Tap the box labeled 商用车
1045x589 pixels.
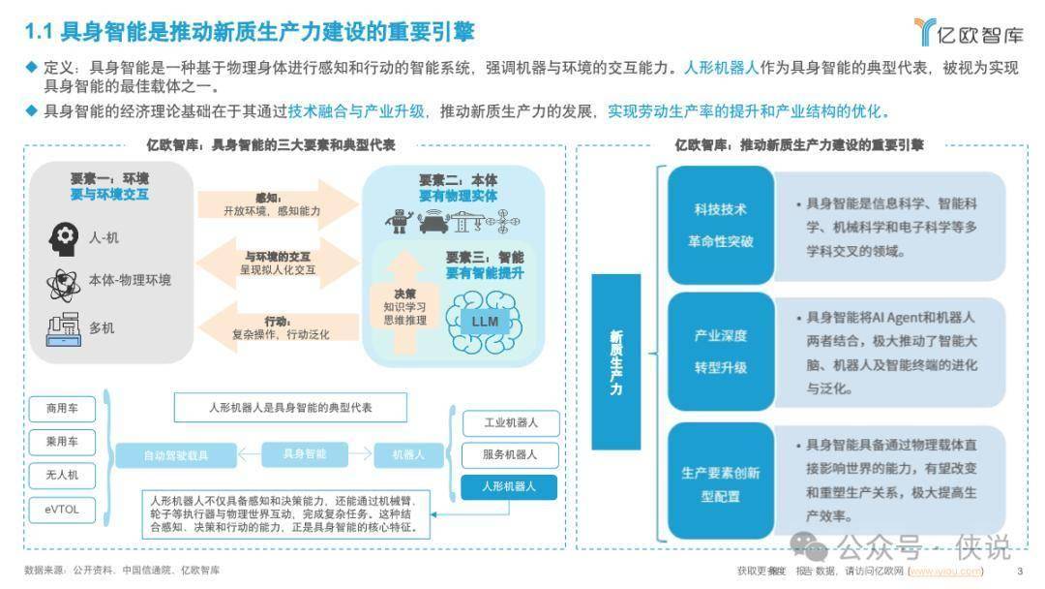[54, 408]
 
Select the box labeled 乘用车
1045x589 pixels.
[54, 442]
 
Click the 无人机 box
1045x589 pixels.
[54, 475]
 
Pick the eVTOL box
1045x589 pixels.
[54, 508]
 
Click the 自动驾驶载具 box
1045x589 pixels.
[176, 454]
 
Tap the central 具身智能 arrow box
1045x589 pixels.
[305, 453]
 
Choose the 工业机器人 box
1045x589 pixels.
[510, 423]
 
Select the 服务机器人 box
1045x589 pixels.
[510, 454]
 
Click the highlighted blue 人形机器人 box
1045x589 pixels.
[510, 485]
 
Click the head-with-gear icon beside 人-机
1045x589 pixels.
[62, 236]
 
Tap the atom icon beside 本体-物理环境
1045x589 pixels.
[62, 283]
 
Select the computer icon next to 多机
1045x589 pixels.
[62, 328]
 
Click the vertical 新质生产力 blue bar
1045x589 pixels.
[615, 361]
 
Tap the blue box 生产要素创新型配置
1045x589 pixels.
[721, 483]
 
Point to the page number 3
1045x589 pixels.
[1020, 571]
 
